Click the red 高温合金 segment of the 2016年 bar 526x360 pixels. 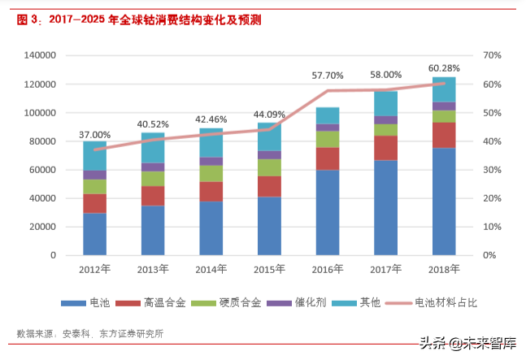coord(328,158)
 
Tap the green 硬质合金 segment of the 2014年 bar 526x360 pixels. coord(211,173)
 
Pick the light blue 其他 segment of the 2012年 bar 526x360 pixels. coord(94,155)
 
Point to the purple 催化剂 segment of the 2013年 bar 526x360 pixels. coord(153,167)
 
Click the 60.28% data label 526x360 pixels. coord(443,67)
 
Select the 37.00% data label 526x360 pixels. coord(94,134)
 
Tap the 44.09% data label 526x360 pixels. coord(269,115)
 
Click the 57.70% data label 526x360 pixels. coord(328,76)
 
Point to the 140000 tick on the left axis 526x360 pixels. coord(40,56)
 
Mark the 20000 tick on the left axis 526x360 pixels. coord(42,227)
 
